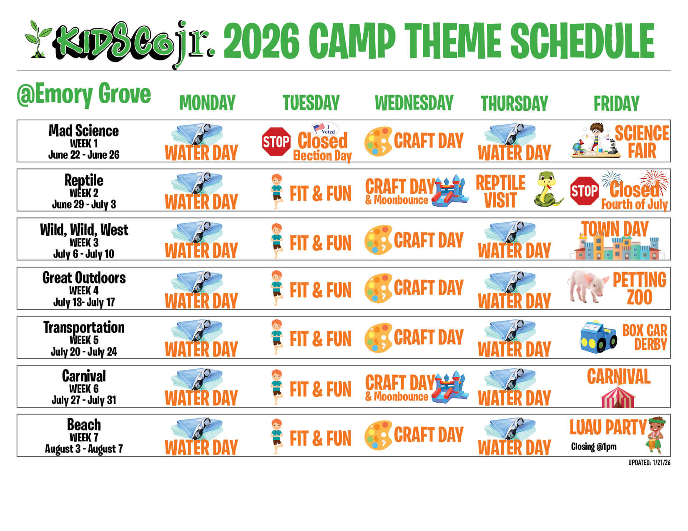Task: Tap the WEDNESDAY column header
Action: pos(414,102)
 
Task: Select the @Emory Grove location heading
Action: pos(84,94)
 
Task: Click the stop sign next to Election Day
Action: pos(276,141)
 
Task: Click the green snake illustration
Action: pos(547,189)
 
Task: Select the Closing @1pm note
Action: pos(594,446)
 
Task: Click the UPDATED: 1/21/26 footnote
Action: pos(649,463)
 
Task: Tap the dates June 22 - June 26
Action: pos(84,155)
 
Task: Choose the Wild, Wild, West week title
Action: pos(84,229)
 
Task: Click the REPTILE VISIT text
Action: pos(500,191)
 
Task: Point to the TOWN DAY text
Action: pos(615,229)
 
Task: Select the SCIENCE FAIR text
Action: pos(642,141)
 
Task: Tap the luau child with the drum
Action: pos(656,435)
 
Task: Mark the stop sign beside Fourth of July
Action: pos(585,191)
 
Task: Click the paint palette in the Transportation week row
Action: pos(378,338)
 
